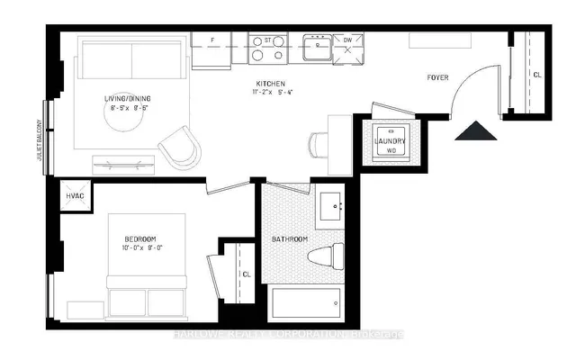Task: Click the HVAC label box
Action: (x=73, y=198)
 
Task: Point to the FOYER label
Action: (x=438, y=78)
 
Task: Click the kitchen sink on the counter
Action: (x=319, y=47)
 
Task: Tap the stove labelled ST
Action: (x=267, y=48)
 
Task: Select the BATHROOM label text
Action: (x=290, y=238)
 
